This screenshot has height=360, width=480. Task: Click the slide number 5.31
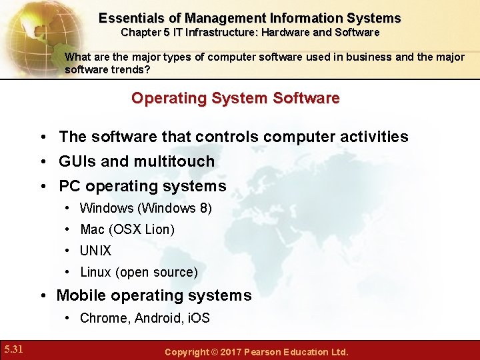(x=13, y=348)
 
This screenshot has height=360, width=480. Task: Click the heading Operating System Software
(x=235, y=99)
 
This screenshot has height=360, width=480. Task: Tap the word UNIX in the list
(x=95, y=251)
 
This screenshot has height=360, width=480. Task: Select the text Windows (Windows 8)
(x=146, y=208)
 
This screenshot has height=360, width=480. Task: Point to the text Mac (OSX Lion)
(x=127, y=229)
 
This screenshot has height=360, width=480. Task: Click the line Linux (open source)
(x=139, y=272)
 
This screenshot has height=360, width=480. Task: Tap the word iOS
(x=198, y=318)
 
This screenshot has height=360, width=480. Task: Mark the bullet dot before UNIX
(x=69, y=251)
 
